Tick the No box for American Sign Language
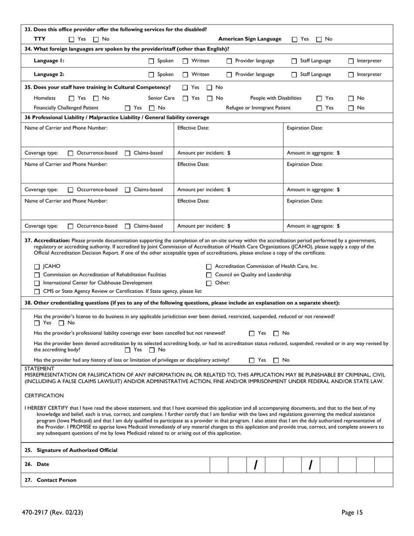(x=319, y=39)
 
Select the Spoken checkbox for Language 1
(x=152, y=61)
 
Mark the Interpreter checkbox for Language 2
(x=351, y=75)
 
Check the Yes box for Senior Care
(x=186, y=98)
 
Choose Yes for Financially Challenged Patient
(x=128, y=108)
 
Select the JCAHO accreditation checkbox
(x=37, y=267)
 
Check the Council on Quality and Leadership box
(x=209, y=275)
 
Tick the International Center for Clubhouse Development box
(x=37, y=283)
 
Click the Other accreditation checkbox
(x=209, y=283)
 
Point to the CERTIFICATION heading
(x=44, y=396)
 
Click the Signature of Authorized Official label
(x=77, y=450)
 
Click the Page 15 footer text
(x=352, y=513)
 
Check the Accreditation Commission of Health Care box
(x=209, y=267)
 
